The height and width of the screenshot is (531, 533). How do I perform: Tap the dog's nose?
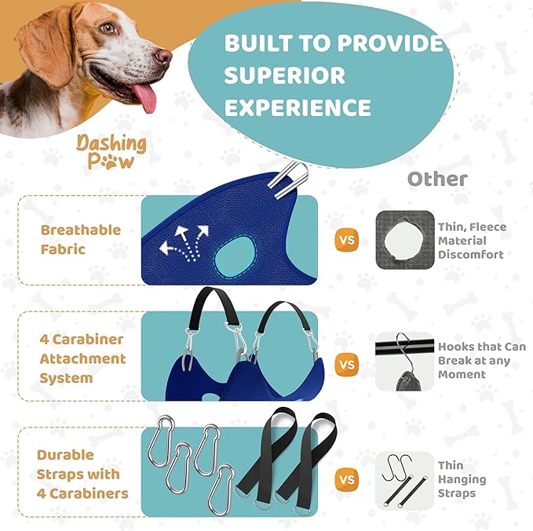(x=162, y=56)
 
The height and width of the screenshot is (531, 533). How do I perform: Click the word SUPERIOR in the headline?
(x=285, y=75)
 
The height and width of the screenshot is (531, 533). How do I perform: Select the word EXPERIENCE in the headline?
(x=298, y=107)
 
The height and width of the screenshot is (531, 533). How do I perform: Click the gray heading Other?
(x=436, y=179)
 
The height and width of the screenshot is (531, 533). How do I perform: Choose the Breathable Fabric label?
(x=81, y=239)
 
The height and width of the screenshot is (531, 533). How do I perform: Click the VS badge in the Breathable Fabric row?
(x=346, y=240)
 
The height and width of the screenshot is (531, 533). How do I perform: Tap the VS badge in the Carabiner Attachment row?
(x=346, y=364)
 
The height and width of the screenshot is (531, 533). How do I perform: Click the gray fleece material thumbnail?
(x=404, y=240)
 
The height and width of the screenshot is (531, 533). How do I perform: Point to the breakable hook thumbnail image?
(x=404, y=362)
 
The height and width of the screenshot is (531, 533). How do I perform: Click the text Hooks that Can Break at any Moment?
(x=481, y=360)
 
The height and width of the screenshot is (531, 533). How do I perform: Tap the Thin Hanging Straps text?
(x=462, y=479)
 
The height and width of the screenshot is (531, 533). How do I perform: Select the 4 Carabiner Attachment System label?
(x=82, y=358)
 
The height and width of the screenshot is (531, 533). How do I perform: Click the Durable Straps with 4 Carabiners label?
(x=82, y=475)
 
